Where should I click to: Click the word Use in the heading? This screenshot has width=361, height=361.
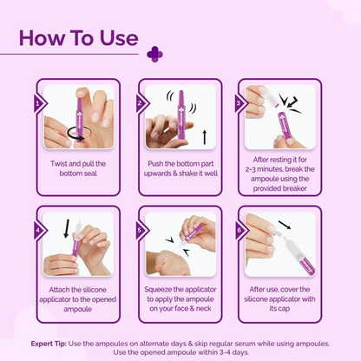point(119,38)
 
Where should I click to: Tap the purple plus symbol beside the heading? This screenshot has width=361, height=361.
point(154,54)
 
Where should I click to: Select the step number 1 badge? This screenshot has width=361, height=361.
point(40,103)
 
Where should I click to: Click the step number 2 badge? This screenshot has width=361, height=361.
point(142,103)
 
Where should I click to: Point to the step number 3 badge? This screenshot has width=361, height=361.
point(241,103)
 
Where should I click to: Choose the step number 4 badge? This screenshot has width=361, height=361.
point(40,231)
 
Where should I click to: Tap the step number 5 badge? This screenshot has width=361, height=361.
point(142,231)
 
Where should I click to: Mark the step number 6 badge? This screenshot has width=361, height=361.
point(241,231)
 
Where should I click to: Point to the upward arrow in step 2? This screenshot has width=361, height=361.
point(205,137)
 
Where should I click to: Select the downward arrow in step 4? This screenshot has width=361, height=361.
point(67,228)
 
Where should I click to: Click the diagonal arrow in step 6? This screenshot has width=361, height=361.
point(285,225)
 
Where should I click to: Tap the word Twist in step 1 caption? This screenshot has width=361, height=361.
point(60,164)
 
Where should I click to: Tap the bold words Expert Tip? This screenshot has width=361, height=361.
point(49,344)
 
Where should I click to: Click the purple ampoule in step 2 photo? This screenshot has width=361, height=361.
point(181,117)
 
